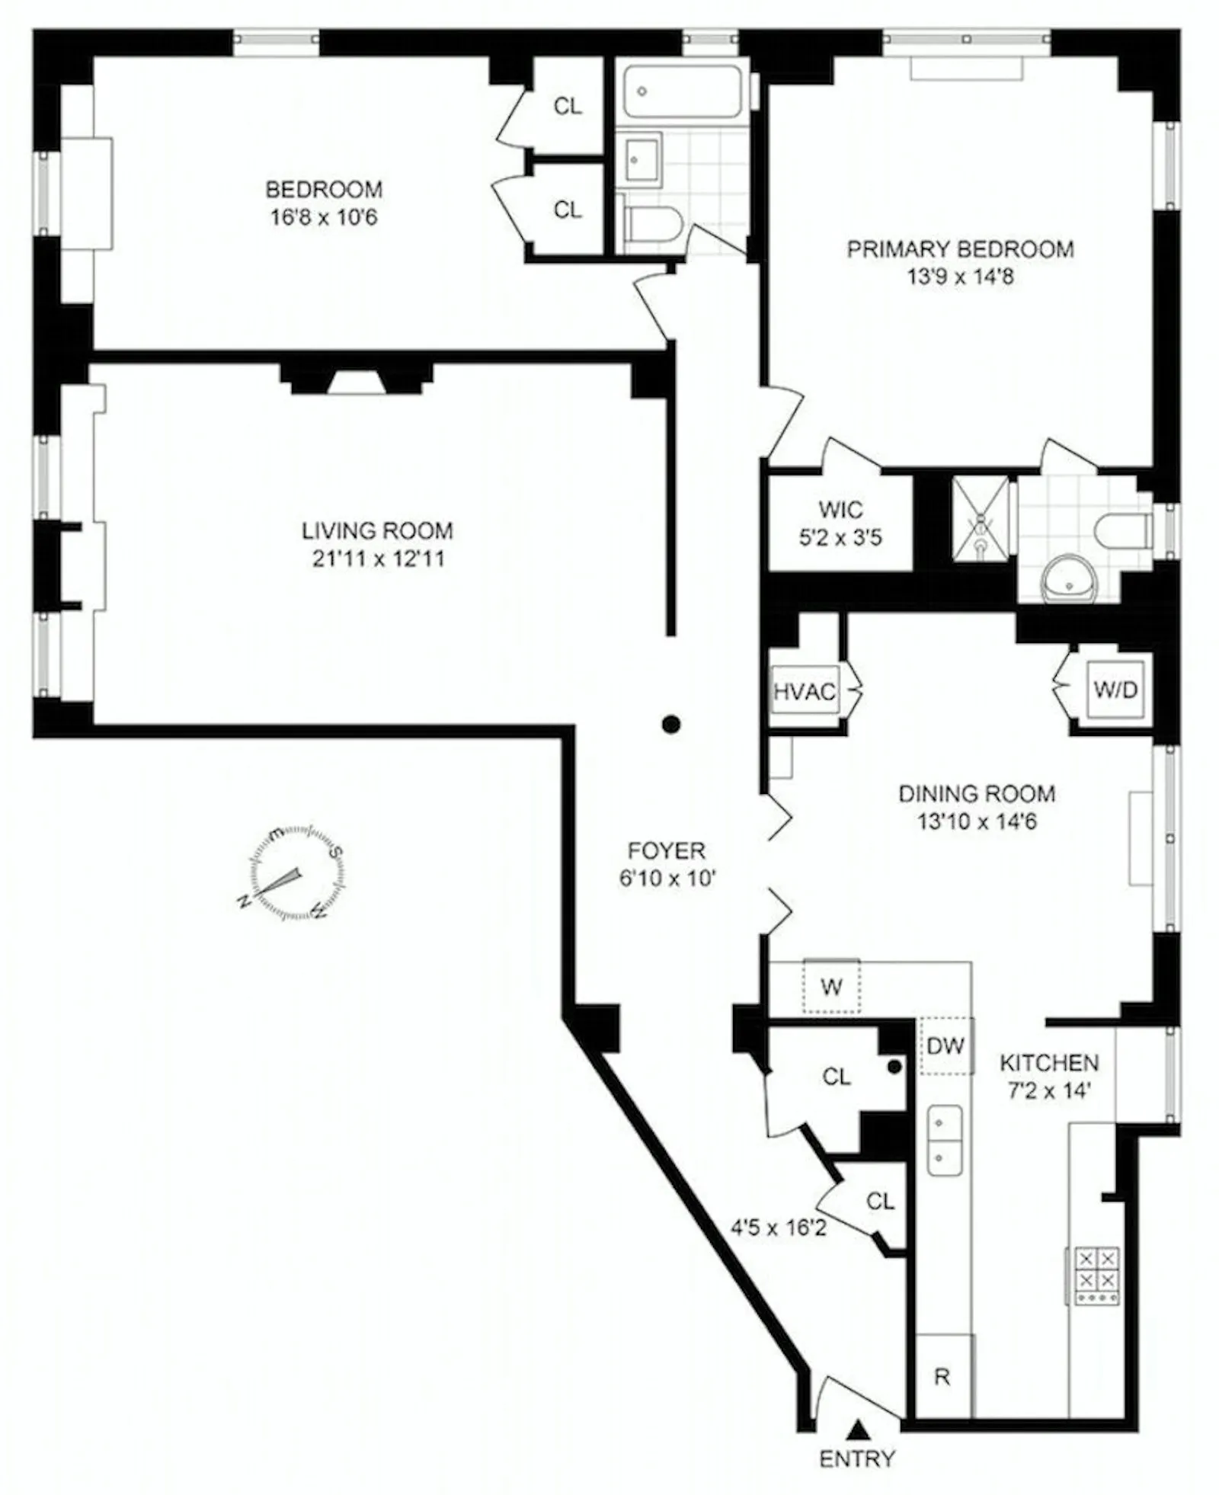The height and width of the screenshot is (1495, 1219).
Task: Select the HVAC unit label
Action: [x=805, y=691]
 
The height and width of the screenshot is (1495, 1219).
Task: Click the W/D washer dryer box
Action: [x=1115, y=690]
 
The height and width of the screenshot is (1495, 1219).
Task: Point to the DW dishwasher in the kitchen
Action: [x=945, y=1045]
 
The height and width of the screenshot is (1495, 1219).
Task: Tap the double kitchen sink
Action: [x=944, y=1141]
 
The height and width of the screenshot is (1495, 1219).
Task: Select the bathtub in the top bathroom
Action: [x=682, y=91]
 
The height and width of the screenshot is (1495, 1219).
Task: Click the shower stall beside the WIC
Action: [x=981, y=518]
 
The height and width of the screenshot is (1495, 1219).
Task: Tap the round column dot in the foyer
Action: [x=670, y=725]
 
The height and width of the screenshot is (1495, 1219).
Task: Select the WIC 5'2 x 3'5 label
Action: [x=840, y=523]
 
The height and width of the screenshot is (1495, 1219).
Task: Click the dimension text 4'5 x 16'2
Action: [x=779, y=1228]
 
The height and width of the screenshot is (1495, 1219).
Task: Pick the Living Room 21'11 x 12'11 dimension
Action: [x=378, y=559]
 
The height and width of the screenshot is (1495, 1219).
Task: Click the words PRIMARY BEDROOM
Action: [x=960, y=249]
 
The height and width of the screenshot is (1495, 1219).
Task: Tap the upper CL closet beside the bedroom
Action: [x=567, y=106]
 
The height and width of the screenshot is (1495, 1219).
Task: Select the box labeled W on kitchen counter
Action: [x=831, y=988]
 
